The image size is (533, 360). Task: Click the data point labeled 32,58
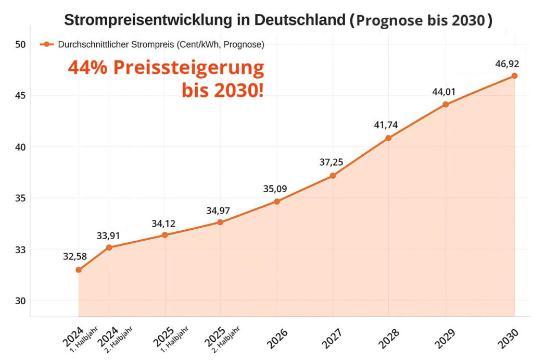[x=79, y=270]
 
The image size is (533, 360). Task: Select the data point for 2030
[x=514, y=76]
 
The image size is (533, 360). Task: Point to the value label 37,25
[x=332, y=162]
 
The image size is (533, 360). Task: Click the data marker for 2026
[x=277, y=201]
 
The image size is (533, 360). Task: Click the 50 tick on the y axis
[x=20, y=44]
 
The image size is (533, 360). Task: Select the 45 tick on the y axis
[x=20, y=96]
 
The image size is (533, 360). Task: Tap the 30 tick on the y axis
[x=20, y=301]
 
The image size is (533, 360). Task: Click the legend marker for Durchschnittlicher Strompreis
[x=47, y=45]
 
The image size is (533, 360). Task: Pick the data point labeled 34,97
[x=220, y=222]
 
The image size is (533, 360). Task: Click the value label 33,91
[x=108, y=235]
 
